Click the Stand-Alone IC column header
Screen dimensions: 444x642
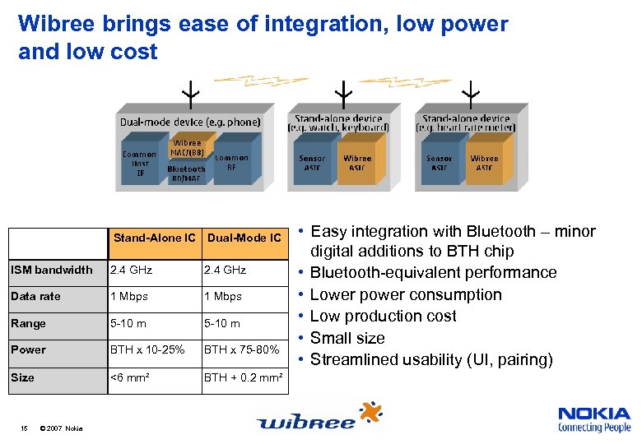pos(155,238)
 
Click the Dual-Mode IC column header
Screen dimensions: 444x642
pos(244,238)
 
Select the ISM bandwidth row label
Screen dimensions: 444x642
pos(51,270)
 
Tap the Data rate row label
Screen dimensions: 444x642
pos(35,296)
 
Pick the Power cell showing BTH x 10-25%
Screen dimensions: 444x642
pos(147,349)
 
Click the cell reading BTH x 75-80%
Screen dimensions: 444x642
pos(241,349)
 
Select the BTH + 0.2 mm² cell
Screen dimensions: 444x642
pos(244,377)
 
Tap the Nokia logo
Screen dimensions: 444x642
pos(593,419)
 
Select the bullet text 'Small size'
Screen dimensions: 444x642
pos(347,338)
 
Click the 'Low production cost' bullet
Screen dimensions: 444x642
pos(383,316)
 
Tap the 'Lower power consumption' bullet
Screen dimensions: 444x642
pos(406,294)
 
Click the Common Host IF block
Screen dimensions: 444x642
pos(139,164)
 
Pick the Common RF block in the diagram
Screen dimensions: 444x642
pos(231,162)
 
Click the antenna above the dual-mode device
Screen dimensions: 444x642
pos(190,93)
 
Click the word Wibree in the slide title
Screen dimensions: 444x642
pos(55,25)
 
